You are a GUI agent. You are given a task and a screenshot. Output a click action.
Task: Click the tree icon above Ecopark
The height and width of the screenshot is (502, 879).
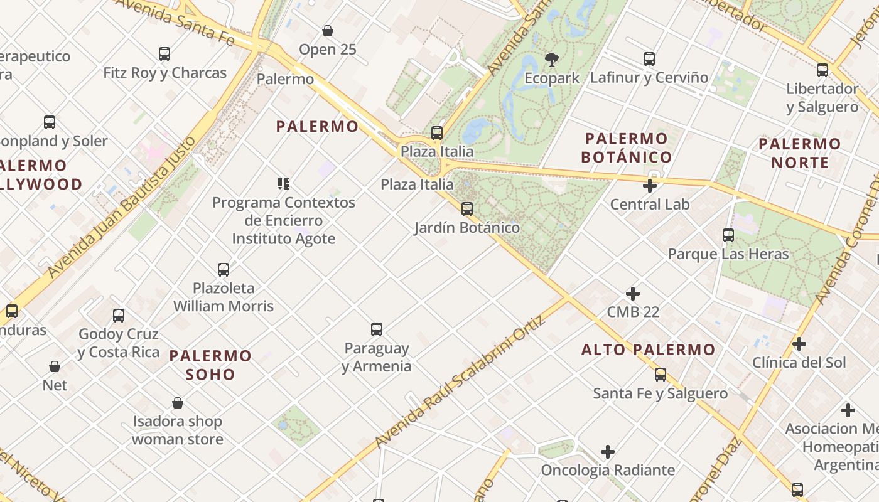tap(552, 60)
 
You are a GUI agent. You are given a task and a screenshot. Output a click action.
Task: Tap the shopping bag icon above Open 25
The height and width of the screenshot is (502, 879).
tap(327, 30)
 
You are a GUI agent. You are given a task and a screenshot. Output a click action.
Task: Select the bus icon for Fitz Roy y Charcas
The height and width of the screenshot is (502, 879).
tap(164, 53)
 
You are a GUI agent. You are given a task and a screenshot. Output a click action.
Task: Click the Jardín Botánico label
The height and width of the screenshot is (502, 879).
tap(467, 228)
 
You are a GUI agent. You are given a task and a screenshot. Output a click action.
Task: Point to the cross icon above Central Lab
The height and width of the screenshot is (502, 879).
tap(650, 185)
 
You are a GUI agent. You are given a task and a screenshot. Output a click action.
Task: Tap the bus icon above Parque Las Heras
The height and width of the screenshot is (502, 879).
tap(728, 235)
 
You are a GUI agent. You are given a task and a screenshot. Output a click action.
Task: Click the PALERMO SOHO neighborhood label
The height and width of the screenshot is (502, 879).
tap(210, 365)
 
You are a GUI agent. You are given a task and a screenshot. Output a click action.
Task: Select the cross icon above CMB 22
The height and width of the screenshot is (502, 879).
tap(633, 293)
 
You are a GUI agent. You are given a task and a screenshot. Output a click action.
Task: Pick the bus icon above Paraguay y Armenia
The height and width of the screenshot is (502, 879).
tap(377, 329)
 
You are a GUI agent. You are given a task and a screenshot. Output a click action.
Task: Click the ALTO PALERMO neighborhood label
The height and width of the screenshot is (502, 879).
tap(648, 350)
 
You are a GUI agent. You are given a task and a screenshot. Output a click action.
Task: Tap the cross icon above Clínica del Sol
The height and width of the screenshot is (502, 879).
tap(799, 343)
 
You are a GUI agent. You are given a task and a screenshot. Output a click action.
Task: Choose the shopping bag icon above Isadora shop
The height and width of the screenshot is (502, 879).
tap(178, 402)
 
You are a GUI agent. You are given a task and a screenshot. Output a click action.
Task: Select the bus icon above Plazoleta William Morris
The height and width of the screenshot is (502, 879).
tap(224, 269)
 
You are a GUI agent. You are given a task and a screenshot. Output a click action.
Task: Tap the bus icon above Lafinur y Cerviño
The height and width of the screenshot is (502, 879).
tap(649, 59)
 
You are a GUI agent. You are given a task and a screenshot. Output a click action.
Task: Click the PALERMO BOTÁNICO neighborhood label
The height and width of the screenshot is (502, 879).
tap(627, 147)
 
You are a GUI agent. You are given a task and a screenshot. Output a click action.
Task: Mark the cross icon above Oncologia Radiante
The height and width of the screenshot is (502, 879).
tap(607, 451)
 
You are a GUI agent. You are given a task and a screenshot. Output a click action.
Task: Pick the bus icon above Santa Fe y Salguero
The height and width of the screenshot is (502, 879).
tap(661, 375)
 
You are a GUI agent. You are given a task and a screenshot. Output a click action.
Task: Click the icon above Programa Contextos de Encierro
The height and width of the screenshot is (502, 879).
tap(284, 184)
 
